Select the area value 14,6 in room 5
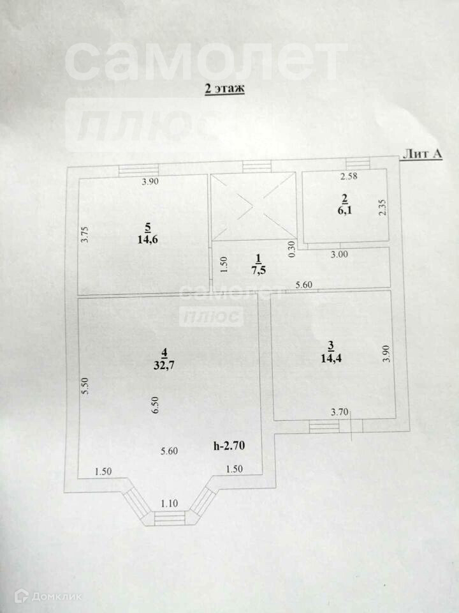(x=148, y=240)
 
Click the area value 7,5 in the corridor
(x=258, y=269)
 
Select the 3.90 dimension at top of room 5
(x=150, y=182)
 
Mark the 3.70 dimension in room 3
(x=339, y=412)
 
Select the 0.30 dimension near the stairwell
(x=292, y=248)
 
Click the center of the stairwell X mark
(x=253, y=206)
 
